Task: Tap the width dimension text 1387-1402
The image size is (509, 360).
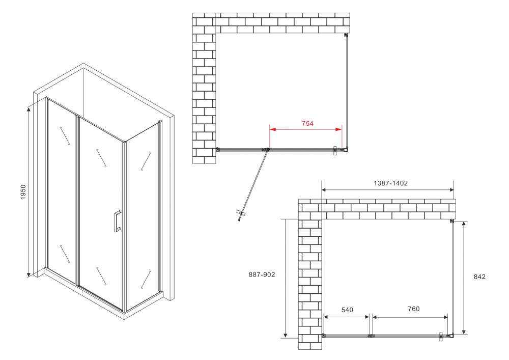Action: pos(388,183)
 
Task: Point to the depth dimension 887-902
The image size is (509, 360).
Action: pos(262,274)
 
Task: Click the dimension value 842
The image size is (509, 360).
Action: pos(479,277)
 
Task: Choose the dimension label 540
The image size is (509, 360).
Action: pos(347,310)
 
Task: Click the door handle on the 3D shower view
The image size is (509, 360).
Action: pos(117,220)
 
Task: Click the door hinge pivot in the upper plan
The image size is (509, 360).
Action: pos(267,150)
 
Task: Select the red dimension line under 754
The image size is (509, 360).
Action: pos(305,130)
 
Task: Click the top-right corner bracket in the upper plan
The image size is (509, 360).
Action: pos(346,35)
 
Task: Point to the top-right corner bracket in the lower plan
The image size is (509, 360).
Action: pos(451,221)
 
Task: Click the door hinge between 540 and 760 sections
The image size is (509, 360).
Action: pos(371,336)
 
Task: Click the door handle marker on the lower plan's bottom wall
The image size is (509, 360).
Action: pos(441,336)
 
